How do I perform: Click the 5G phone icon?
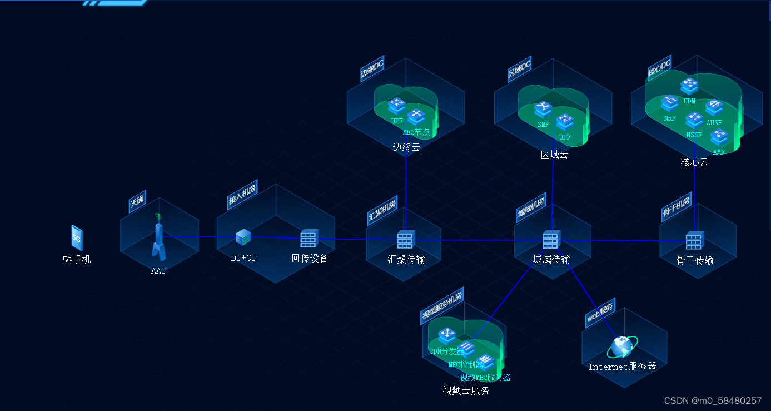77,238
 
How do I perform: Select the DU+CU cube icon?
243,237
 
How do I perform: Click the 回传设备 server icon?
309,239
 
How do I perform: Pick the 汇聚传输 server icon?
406,240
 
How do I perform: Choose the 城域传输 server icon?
551,239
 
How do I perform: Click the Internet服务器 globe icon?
621,346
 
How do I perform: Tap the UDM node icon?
689,86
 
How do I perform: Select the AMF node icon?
719,137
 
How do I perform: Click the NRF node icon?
670,103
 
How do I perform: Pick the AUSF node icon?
714,107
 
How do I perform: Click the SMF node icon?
543,110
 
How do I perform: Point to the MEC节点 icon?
416,117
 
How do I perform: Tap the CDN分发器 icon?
447,336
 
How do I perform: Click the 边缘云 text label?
406,147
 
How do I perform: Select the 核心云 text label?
694,162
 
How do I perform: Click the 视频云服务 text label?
466,390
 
